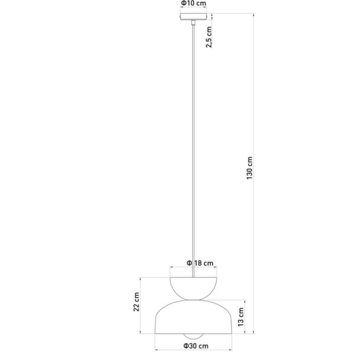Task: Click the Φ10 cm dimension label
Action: tap(194, 4)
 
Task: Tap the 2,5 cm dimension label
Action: tap(209, 37)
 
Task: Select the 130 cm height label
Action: tap(249, 168)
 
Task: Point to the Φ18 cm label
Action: tap(200, 263)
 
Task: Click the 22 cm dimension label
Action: tap(136, 302)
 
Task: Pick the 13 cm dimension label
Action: tap(240, 317)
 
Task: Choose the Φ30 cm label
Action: tap(196, 346)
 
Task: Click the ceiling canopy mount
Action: tap(193, 17)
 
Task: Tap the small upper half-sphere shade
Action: tap(193, 288)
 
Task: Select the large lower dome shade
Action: tap(193, 317)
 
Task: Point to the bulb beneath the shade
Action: tap(193, 336)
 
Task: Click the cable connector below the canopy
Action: tap(193, 22)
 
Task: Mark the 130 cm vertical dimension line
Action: tap(253, 173)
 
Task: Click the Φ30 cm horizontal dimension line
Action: tap(193, 350)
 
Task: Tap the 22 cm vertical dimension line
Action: tap(140, 306)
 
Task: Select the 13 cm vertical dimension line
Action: tap(245, 317)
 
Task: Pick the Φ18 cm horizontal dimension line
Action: tap(193, 267)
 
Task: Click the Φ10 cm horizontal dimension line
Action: tap(193, 7)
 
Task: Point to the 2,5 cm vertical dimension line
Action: tap(212, 17)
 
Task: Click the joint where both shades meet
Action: tap(193, 300)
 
